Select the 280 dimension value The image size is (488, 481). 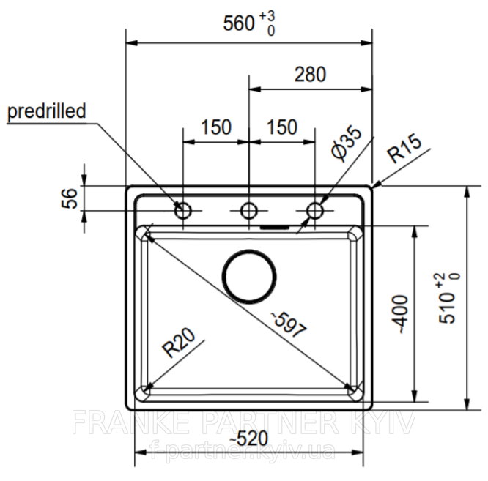(x=310, y=75)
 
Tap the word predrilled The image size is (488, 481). (x=46, y=111)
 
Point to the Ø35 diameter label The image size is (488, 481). (x=346, y=143)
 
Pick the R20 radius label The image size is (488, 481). (x=179, y=343)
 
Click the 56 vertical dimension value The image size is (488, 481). (x=69, y=198)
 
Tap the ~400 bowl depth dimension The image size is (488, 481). (x=401, y=314)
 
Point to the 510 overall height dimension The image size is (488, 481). (x=449, y=299)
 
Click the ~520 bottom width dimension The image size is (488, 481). (x=248, y=438)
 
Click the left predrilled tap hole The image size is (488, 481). (x=182, y=211)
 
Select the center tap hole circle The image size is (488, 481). (x=248, y=211)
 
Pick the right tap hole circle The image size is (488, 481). (x=314, y=211)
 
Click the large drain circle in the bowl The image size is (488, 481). (x=249, y=276)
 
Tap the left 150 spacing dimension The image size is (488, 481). (x=216, y=127)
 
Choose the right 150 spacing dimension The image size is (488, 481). (x=282, y=127)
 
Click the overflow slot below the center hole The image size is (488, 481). (x=275, y=227)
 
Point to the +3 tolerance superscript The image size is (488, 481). (x=267, y=16)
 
